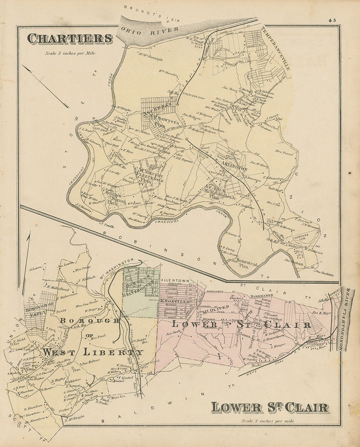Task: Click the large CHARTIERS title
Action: pyautogui.click(x=69, y=39)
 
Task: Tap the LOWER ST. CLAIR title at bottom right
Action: pyautogui.click(x=269, y=407)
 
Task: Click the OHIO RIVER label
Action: pyautogui.click(x=144, y=33)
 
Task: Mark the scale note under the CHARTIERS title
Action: pyautogui.click(x=70, y=53)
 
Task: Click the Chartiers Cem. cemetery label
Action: pyautogui.click(x=300, y=236)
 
